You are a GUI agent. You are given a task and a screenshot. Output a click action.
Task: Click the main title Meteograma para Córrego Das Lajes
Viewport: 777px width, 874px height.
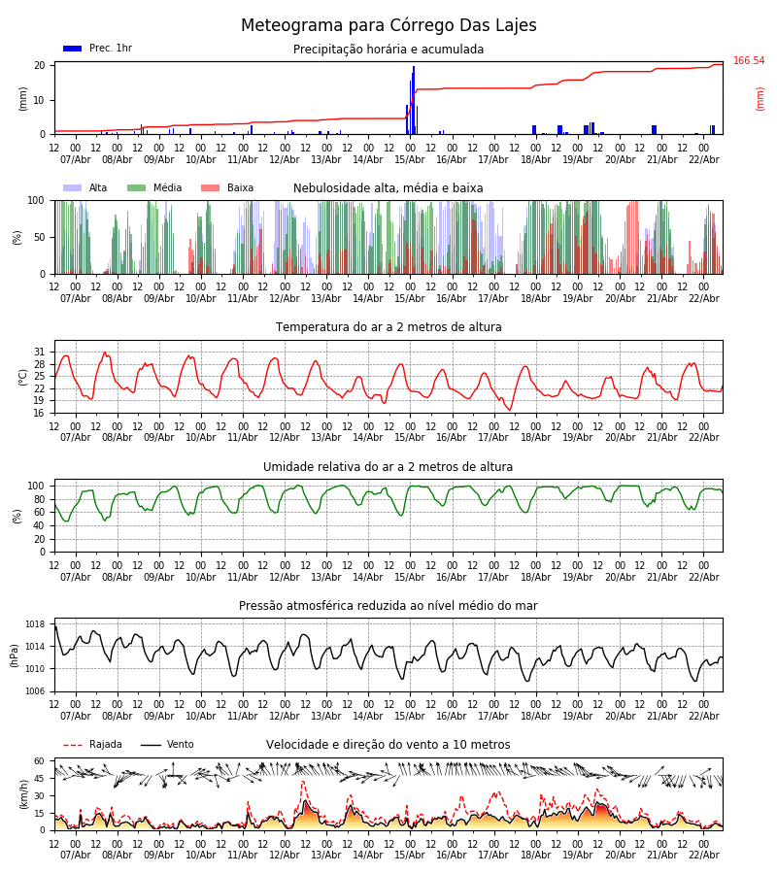pos(388,26)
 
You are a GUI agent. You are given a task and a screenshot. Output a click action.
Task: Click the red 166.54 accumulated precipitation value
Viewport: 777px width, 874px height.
pos(749,61)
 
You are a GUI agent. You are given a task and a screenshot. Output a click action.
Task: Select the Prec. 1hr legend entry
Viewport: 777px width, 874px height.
pos(98,49)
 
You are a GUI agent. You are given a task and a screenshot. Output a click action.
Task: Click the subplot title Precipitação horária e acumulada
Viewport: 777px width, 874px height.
pos(388,50)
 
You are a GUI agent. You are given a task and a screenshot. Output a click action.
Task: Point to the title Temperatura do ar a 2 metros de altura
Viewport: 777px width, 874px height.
pos(388,327)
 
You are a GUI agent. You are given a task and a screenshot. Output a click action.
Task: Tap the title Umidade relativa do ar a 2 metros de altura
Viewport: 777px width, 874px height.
pos(388,467)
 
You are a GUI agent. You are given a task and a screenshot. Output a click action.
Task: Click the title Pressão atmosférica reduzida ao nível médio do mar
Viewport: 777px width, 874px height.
pos(388,606)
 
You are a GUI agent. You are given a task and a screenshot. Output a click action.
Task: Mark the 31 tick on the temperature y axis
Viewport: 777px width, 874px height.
pos(40,353)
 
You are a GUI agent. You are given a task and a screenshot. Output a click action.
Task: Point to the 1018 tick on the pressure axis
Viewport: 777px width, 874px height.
pos(36,624)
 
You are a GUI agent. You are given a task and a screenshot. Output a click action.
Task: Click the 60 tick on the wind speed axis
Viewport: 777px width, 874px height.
pos(40,761)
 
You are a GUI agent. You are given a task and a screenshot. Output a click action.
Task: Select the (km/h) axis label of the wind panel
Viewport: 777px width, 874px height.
pos(23,794)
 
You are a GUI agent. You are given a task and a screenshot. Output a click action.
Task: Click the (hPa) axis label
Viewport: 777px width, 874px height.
pos(15,655)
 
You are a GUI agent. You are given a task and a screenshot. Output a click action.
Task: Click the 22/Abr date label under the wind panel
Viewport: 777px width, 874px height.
pos(703,856)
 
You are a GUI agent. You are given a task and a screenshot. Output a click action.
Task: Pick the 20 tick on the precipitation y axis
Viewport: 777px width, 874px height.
pos(40,66)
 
